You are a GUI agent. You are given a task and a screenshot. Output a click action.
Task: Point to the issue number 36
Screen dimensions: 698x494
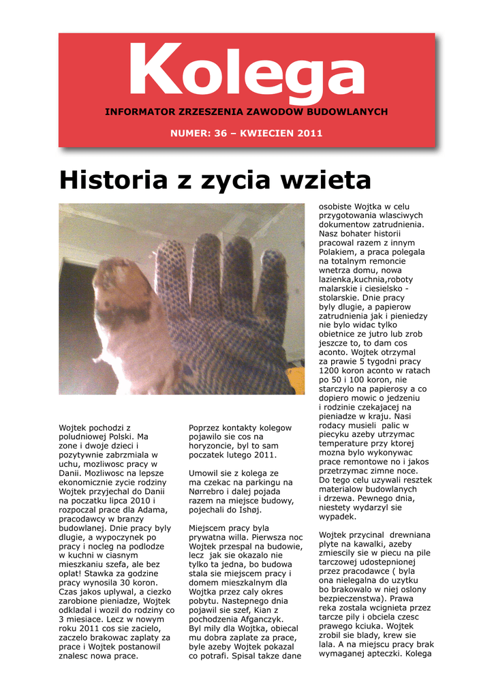(x=219, y=134)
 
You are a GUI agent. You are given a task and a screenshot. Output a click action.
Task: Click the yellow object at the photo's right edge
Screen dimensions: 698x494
(x=295, y=379)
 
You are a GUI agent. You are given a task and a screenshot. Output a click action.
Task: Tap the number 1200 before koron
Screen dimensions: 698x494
(x=329, y=371)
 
